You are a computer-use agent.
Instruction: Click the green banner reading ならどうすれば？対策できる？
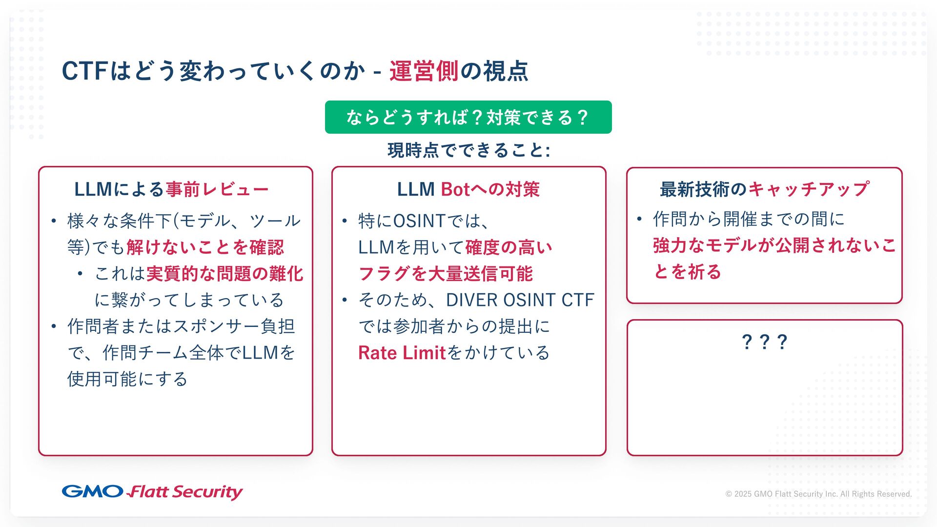pyautogui.click(x=468, y=117)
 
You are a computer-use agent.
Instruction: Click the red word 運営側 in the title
pyautogui.click(x=424, y=71)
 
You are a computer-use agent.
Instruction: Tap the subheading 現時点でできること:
pyautogui.click(x=468, y=150)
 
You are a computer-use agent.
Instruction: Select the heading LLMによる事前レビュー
pyautogui.click(x=171, y=189)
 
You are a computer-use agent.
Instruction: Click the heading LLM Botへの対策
pyautogui.click(x=468, y=189)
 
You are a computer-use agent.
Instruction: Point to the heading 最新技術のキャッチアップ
pyautogui.click(x=764, y=189)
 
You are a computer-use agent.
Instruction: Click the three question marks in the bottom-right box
pyautogui.click(x=764, y=342)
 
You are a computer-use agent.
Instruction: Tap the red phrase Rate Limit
pyautogui.click(x=402, y=353)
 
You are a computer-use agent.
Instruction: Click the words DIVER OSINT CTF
pyautogui.click(x=520, y=300)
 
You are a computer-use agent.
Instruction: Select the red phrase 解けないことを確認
pyautogui.click(x=205, y=247)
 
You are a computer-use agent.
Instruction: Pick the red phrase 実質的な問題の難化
pyautogui.click(x=224, y=274)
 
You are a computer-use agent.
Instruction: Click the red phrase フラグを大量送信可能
pyautogui.click(x=445, y=274)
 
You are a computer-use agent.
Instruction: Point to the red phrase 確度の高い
pyautogui.click(x=509, y=247)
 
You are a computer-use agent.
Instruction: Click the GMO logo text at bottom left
pyautogui.click(x=92, y=491)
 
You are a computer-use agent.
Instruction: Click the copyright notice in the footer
pyautogui.click(x=818, y=494)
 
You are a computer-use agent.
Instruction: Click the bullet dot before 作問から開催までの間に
pyautogui.click(x=639, y=219)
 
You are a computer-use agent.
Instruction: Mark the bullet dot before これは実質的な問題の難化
pyautogui.click(x=80, y=274)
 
